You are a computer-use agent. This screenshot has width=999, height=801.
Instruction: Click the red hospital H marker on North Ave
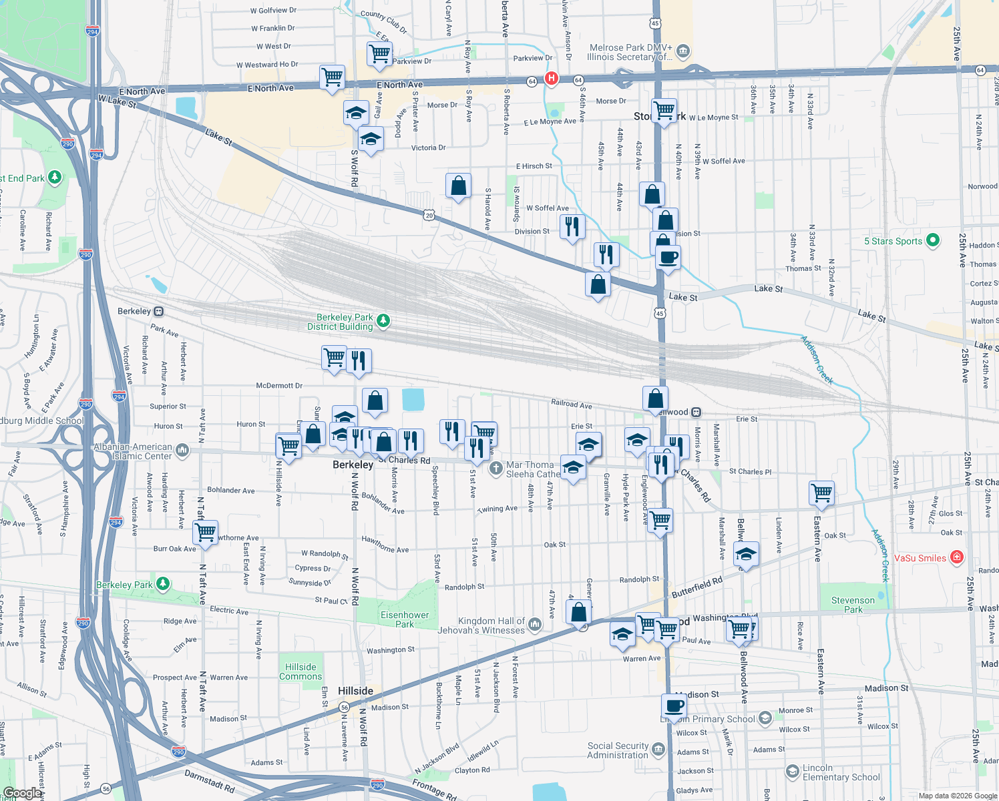coord(551,78)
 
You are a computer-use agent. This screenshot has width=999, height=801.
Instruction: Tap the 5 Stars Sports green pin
coord(934,240)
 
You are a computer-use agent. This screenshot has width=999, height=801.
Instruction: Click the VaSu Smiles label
coord(920,558)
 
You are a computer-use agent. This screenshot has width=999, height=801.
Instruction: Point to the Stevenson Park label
coord(853,605)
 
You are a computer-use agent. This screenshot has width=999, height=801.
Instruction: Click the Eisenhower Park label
coord(405,619)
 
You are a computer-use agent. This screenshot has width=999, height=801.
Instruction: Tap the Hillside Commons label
coord(301,672)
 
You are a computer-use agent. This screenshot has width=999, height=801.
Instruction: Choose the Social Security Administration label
coord(618,750)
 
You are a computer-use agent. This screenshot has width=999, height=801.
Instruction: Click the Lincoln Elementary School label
coord(841,772)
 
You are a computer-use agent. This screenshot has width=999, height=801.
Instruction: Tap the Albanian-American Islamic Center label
coord(133,451)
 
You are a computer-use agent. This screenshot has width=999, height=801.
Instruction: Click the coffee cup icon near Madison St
coord(674,706)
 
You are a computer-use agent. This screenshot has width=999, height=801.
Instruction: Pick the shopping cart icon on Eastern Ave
coord(821,493)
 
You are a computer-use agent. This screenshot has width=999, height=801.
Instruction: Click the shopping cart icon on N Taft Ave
coord(205,533)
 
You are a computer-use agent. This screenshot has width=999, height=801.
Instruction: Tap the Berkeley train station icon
coord(158,311)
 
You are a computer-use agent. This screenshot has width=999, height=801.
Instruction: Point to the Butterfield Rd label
coord(696,587)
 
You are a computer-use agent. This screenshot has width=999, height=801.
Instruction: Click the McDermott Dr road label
coord(279,386)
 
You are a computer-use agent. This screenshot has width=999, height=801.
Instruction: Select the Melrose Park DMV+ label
coord(630,52)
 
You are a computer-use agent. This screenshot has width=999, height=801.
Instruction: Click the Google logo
coord(23,793)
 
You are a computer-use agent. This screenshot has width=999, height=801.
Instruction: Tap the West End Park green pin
coord(55,178)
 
